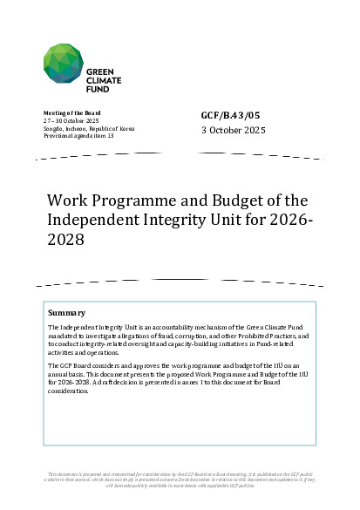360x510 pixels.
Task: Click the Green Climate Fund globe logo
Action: [x=65, y=65]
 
